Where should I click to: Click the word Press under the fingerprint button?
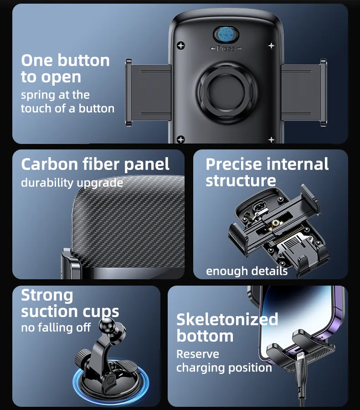point(226,48)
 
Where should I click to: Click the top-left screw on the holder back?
point(181,46)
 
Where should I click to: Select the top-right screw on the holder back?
point(271,46)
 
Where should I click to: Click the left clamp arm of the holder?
point(148,93)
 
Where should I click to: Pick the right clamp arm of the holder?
point(304,93)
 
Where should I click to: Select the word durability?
point(47,183)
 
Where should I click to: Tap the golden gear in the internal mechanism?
point(275,223)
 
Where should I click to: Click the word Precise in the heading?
point(234,164)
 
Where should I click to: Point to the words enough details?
point(247,271)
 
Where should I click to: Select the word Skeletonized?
point(227,319)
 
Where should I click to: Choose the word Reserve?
point(198,354)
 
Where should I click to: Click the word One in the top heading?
point(37,61)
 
